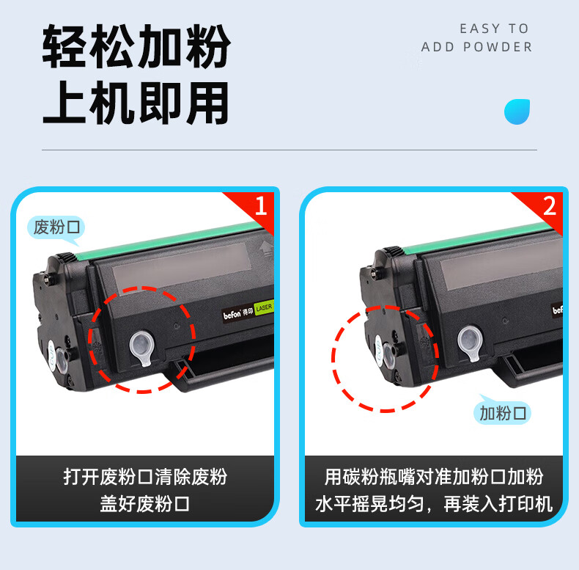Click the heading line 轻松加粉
136,46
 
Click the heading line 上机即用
136,103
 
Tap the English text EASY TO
494,29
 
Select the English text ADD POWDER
476,47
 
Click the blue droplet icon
517,112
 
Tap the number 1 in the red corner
261,206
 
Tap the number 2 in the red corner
550,206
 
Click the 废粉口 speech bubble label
56,227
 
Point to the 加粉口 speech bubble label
502,412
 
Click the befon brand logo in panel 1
232,315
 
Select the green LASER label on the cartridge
264,307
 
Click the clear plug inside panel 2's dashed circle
388,356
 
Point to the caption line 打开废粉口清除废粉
145,476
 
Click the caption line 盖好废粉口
145,503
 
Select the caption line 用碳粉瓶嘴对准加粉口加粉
434,476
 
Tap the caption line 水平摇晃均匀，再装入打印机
434,503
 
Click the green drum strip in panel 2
480,236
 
